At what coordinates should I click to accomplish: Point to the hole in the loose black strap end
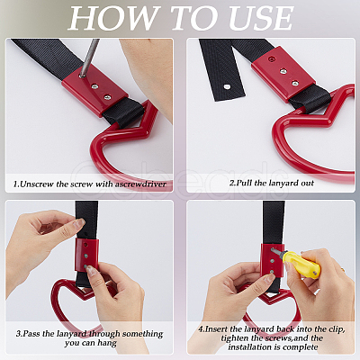coord(228,87)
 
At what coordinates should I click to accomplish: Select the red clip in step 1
coord(95,87)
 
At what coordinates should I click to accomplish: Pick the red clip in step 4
coord(272,261)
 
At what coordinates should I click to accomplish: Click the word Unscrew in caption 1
coord(37,184)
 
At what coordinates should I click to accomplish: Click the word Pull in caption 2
coord(245,183)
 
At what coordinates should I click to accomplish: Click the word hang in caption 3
coord(107,343)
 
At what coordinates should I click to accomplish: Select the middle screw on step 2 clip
coord(283,71)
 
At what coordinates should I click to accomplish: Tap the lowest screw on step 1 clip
coord(107,97)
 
